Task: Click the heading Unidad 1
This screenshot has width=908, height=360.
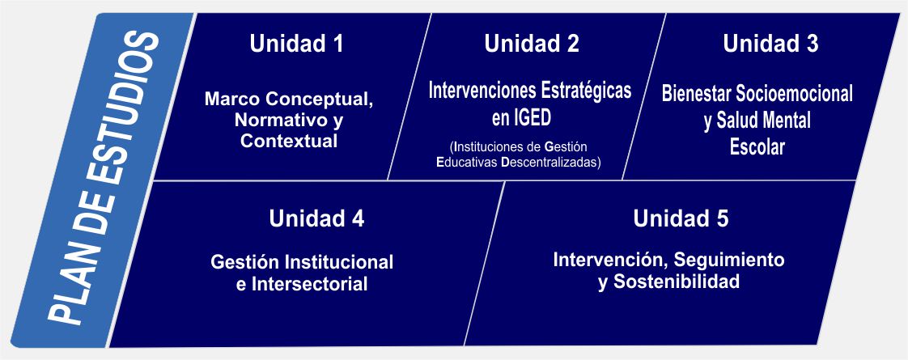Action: pyautogui.click(x=296, y=44)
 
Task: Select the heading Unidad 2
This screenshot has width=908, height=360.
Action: pyautogui.click(x=532, y=44)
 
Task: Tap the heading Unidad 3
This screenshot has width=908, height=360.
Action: pyautogui.click(x=770, y=44)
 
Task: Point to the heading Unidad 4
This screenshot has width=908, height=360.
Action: pyautogui.click(x=316, y=218)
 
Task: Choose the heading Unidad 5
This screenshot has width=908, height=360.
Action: pyautogui.click(x=681, y=218)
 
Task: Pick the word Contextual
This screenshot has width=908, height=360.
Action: pyautogui.click(x=289, y=142)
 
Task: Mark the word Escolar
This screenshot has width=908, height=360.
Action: pyautogui.click(x=757, y=147)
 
